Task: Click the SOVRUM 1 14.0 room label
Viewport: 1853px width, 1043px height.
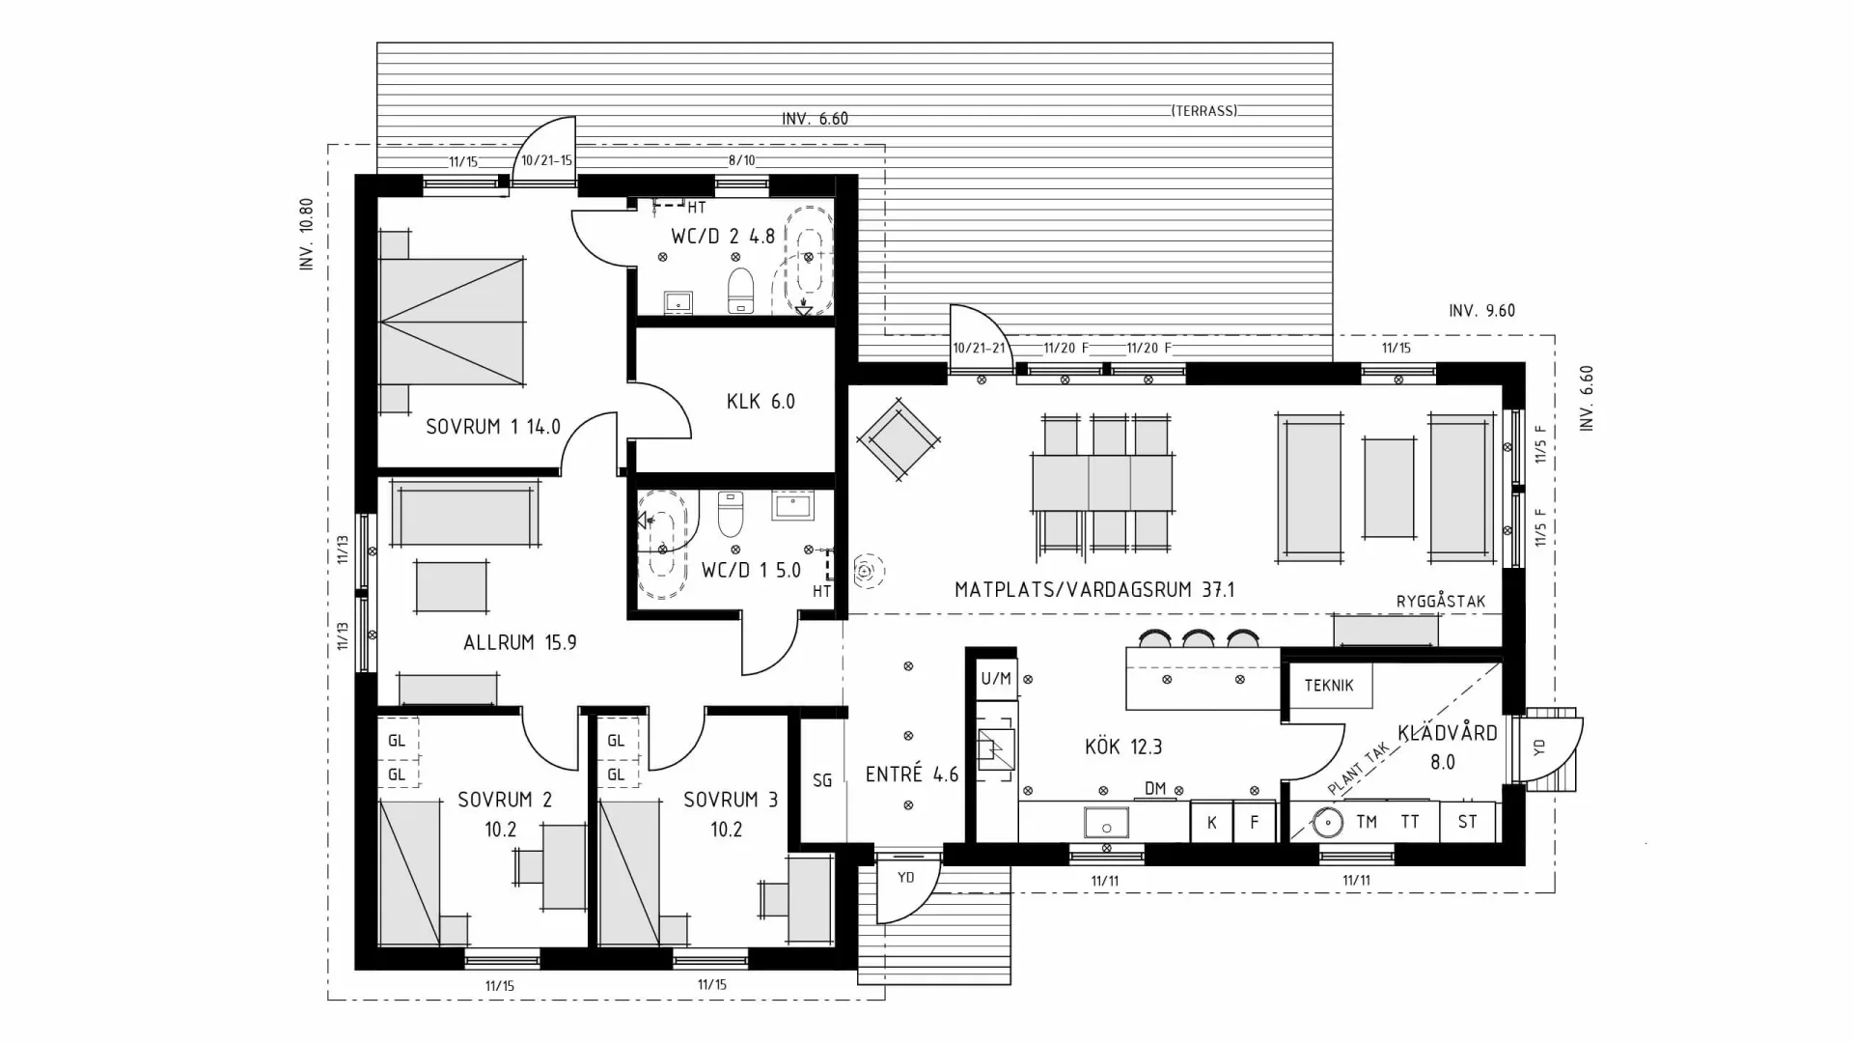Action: pos(493,427)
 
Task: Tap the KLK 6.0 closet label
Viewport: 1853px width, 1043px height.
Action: pos(761,402)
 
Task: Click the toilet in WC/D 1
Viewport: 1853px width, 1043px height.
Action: pos(731,514)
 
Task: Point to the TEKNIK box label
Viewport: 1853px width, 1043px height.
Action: pos(1329,686)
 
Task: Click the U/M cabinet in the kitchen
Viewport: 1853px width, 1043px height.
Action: pos(996,679)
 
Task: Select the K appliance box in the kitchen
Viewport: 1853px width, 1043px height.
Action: pos(1212,823)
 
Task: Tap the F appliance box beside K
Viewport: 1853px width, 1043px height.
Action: pos(1255,823)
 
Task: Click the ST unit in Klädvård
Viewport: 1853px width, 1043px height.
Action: pos(1467,823)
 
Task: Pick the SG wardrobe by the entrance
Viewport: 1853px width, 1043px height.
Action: pos(822,780)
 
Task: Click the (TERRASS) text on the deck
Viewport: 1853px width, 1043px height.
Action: pos(1204,111)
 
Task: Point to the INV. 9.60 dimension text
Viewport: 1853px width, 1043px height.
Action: pos(1481,311)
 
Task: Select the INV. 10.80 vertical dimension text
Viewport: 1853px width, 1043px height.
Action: pos(307,234)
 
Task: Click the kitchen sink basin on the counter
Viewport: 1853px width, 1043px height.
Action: pos(1106,824)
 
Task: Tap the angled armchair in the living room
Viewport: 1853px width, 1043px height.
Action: pos(899,439)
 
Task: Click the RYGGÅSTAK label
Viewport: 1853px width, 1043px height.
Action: pos(1441,602)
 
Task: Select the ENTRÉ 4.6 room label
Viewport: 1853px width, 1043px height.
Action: pos(912,775)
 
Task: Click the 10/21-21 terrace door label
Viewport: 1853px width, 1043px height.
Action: pos(979,349)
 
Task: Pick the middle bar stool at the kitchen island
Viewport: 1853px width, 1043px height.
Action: pos(1198,638)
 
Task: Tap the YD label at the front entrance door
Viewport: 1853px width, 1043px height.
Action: pos(905,878)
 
